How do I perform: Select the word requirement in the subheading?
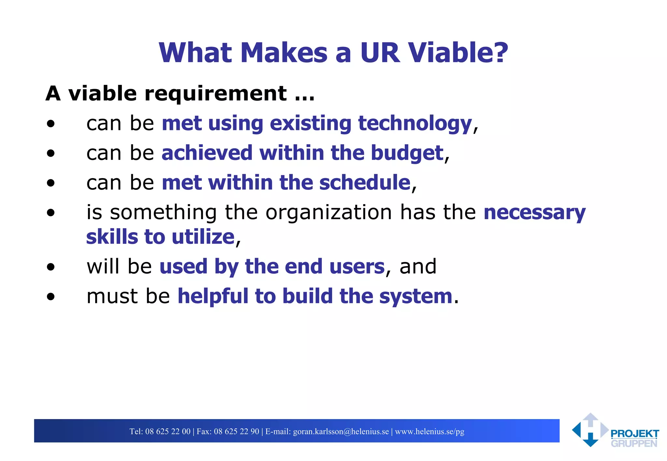pos(216,94)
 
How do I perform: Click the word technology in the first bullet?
pos(415,124)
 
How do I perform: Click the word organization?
pos(329,212)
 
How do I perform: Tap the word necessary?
pos(534,212)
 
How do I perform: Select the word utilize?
pos(203,237)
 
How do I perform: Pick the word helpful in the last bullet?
pos(212,296)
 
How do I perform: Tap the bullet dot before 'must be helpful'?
pos(50,296)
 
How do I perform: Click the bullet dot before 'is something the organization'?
pos(50,213)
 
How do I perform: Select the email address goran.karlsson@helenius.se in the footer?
pos(341,431)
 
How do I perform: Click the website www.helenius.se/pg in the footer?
pos(429,431)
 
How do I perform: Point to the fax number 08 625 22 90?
pos(236,431)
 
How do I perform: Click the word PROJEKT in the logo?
pos(634,434)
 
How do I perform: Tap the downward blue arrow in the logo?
pos(590,441)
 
